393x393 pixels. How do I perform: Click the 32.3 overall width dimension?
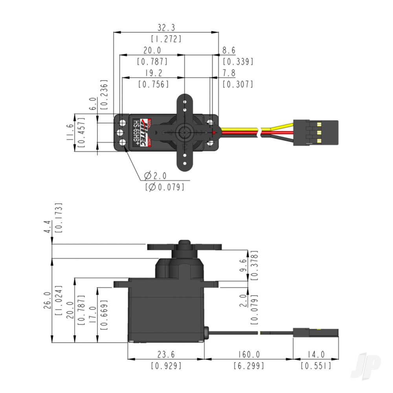(166, 28)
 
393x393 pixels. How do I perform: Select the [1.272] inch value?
(166, 39)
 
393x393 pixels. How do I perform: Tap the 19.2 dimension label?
(153, 73)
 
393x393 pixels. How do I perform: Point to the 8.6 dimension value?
(229, 50)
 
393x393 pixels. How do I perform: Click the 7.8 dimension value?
(229, 73)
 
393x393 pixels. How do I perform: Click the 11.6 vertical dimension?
(69, 132)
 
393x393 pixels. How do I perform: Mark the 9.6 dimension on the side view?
(242, 265)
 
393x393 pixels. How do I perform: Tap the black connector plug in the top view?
(315, 132)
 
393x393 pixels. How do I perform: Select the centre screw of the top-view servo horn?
(184, 132)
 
